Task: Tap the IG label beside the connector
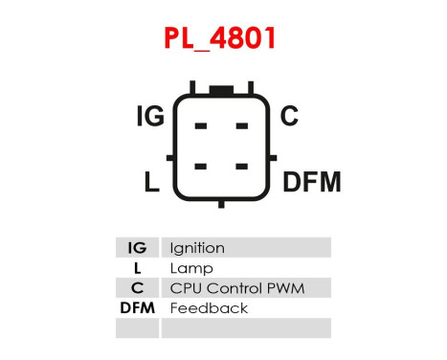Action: [x=150, y=118]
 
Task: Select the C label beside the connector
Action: [x=289, y=118]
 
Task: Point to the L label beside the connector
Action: [x=152, y=182]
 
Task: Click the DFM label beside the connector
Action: [x=311, y=182]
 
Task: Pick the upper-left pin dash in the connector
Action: [x=201, y=125]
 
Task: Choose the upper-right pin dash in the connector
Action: [x=242, y=125]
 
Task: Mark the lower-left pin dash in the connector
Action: [x=201, y=165]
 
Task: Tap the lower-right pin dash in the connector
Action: [x=242, y=165]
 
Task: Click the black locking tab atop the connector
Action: [x=222, y=92]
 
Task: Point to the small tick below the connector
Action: [x=222, y=202]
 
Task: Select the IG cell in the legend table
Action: [x=137, y=248]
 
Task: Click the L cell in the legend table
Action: [x=137, y=268]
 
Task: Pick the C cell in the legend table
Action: [x=137, y=288]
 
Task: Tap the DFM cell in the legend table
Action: [x=137, y=308]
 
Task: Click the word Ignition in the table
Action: [x=196, y=248]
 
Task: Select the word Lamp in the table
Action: [x=190, y=268]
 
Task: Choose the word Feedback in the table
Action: [x=208, y=308]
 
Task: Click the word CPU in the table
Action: [x=183, y=288]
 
